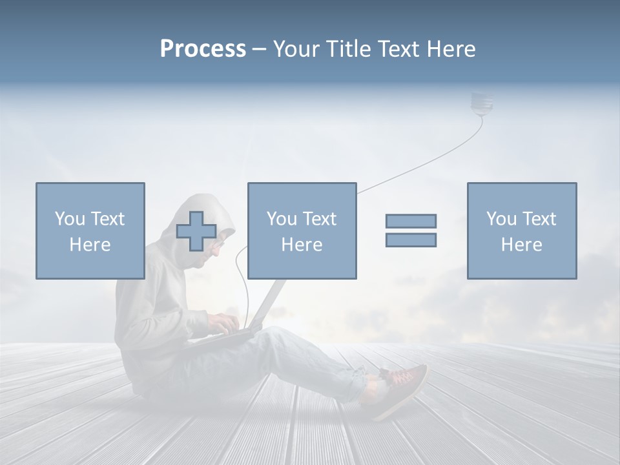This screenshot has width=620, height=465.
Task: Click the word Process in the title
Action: pyautogui.click(x=203, y=49)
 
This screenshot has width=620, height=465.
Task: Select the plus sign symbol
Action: pyautogui.click(x=196, y=231)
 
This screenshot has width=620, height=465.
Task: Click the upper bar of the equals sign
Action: pyautogui.click(x=411, y=221)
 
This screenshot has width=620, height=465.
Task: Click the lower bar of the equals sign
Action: pyautogui.click(x=411, y=240)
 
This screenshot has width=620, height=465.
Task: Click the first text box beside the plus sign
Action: pyautogui.click(x=90, y=231)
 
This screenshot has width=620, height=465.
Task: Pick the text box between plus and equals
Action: pyautogui.click(x=302, y=231)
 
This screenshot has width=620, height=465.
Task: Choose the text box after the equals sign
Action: pyautogui.click(x=521, y=231)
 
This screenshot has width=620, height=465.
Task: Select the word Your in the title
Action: pyautogui.click(x=296, y=49)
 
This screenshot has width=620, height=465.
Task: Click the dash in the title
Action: pyautogui.click(x=260, y=49)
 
